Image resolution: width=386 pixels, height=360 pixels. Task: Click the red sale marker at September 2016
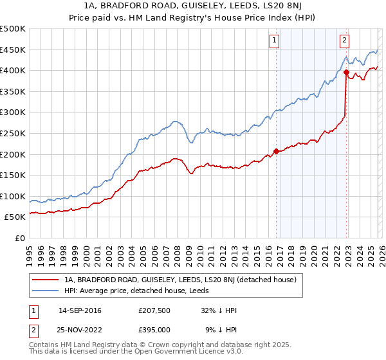click(277, 151)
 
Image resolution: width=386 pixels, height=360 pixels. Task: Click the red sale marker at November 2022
click(346, 73)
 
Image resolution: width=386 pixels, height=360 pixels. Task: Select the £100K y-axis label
click(14, 196)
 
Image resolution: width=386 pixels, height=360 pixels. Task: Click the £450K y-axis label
click(14, 50)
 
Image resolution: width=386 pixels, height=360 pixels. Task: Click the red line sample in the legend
click(47, 280)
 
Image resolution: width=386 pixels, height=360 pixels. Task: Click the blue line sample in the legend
click(47, 290)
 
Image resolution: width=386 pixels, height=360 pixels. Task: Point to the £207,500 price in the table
click(154, 310)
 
